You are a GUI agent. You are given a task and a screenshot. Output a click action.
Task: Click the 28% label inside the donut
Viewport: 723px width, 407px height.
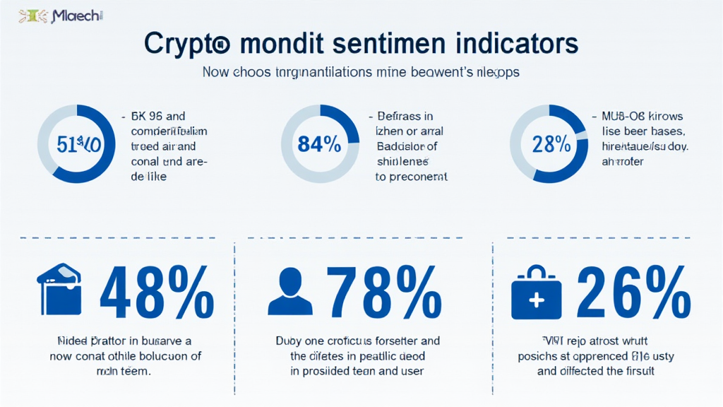pos(551,144)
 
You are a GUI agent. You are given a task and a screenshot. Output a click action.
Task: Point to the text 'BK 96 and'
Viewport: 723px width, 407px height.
pos(157,117)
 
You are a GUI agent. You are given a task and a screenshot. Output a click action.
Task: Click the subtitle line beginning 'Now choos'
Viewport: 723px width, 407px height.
pos(361,72)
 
